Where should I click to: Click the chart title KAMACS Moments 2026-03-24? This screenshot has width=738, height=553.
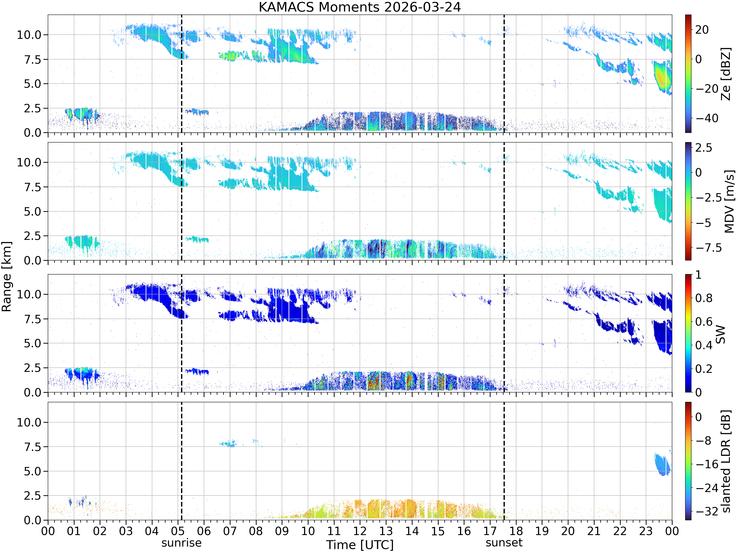pyautogui.click(x=360, y=7)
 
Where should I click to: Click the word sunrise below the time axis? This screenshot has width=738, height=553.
pyautogui.click(x=182, y=543)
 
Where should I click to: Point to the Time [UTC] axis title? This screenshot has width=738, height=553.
pyautogui.click(x=360, y=545)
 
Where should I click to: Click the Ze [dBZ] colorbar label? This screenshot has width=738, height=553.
pyautogui.click(x=726, y=74)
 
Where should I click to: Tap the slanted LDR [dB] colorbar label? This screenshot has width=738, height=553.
pyautogui.click(x=726, y=461)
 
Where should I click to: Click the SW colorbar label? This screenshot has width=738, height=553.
pyautogui.click(x=721, y=334)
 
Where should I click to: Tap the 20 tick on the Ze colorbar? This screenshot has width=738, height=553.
pyautogui.click(x=702, y=30)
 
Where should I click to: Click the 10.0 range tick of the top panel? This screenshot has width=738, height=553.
pyautogui.click(x=29, y=35)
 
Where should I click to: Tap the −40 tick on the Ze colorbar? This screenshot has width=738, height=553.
pyautogui.click(x=707, y=118)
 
